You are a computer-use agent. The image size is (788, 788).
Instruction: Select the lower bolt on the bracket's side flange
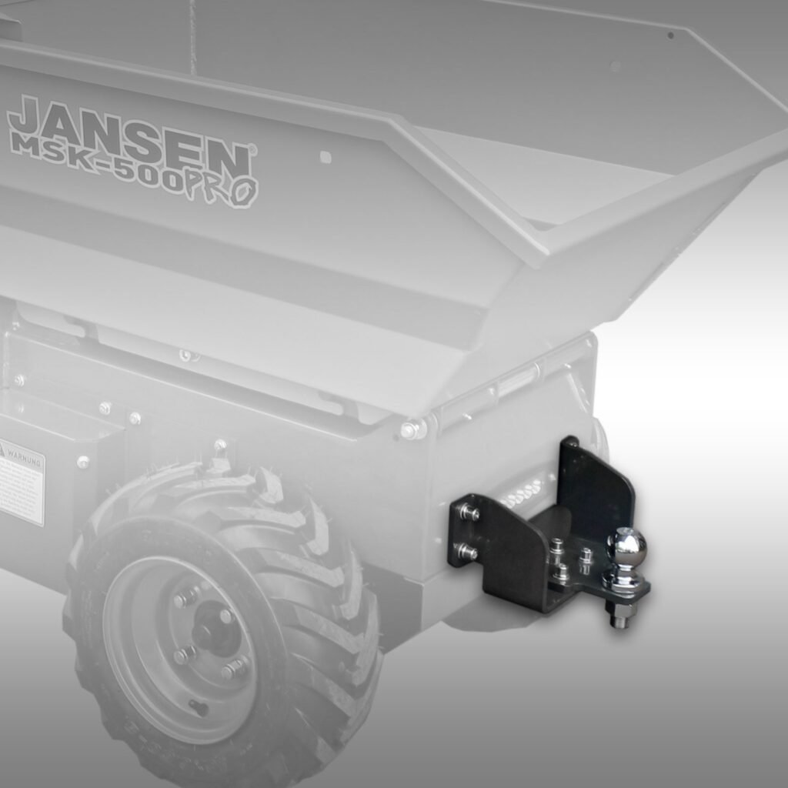(466, 551)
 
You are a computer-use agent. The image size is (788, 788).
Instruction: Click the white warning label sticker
(21, 481)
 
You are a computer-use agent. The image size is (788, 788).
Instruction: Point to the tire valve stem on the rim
(199, 706)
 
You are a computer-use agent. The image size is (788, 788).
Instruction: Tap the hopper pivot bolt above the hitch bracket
(410, 429)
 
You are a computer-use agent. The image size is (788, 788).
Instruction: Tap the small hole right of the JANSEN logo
(325, 157)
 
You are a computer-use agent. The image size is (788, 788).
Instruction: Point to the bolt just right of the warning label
(82, 462)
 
